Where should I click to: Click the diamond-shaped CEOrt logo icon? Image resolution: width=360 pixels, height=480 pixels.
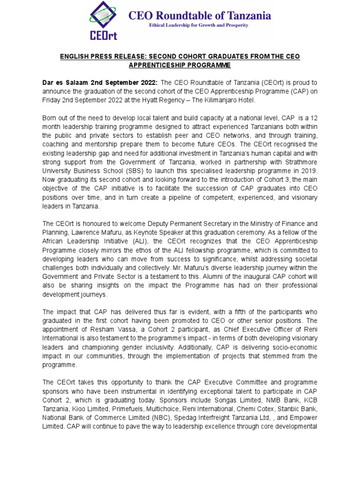[105, 19]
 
